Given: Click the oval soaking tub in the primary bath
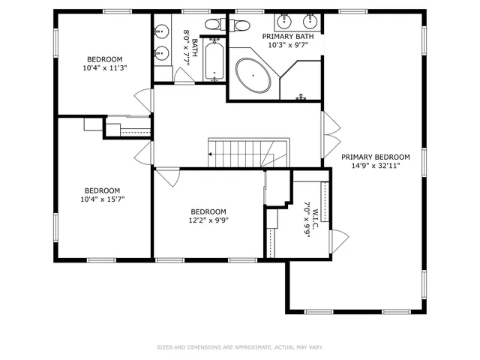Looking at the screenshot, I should tap(254, 76).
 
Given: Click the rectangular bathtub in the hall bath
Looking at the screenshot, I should tap(215, 61).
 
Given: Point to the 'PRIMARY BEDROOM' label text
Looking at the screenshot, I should tap(376, 157).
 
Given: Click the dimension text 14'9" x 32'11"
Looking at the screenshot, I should tap(376, 166).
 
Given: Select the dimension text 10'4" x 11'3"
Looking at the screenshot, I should tap(104, 68).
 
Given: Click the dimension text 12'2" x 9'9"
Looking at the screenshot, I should tap(208, 220).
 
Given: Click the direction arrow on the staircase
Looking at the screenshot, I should tap(211, 154).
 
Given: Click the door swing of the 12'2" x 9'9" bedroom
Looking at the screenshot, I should tap(169, 178).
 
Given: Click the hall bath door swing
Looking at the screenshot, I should tap(183, 76).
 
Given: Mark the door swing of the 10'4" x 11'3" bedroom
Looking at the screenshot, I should tap(143, 100).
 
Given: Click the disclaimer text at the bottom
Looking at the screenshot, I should tap(239, 347).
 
